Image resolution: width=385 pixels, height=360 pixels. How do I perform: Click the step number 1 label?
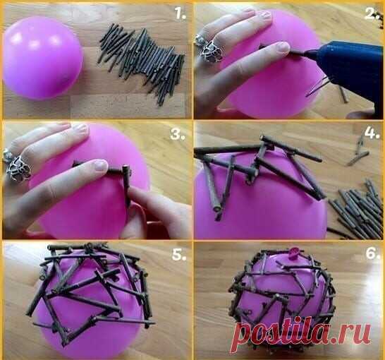click(x=181, y=13)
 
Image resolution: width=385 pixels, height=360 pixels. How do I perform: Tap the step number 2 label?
click(x=372, y=13)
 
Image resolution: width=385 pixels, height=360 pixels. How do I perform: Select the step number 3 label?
click(x=178, y=134)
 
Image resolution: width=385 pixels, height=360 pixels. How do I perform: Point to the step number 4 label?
click(x=372, y=133)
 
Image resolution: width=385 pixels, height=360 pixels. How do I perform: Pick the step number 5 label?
click(x=179, y=254)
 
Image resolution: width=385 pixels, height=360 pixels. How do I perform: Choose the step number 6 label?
click(x=373, y=253)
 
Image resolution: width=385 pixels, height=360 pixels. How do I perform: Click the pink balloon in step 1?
click(x=42, y=58)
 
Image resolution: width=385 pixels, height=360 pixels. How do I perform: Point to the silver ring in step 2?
click(x=209, y=49)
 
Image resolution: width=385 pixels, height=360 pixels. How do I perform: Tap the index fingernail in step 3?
click(x=101, y=164)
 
